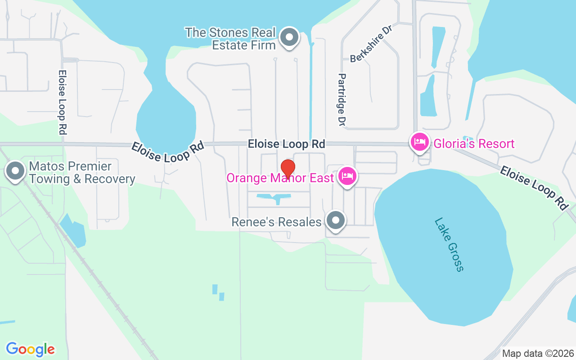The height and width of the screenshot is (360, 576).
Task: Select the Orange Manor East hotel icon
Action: click(347, 176)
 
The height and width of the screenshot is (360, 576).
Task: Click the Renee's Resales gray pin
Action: click(335, 220)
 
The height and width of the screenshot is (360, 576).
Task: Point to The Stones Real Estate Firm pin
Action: click(289, 37)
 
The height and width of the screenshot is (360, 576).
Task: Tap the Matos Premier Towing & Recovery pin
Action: click(16, 171)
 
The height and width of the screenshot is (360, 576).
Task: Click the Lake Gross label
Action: click(449, 245)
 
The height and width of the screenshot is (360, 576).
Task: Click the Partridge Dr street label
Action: click(342, 99)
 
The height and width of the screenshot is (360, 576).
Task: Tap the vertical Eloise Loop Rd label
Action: click(63, 102)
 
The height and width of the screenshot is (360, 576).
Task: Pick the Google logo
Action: click(30, 349)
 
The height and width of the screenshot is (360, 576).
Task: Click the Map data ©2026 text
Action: click(538, 353)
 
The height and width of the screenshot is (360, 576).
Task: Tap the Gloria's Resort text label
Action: click(474, 144)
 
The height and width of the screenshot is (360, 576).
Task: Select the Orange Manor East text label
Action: click(280, 178)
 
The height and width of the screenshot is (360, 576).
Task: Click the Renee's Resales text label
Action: click(277, 222)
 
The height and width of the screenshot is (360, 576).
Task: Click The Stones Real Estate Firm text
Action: click(230, 39)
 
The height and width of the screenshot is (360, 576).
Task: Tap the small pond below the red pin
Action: click(274, 197)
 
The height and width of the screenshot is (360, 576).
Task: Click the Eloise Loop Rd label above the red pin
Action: click(286, 144)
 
